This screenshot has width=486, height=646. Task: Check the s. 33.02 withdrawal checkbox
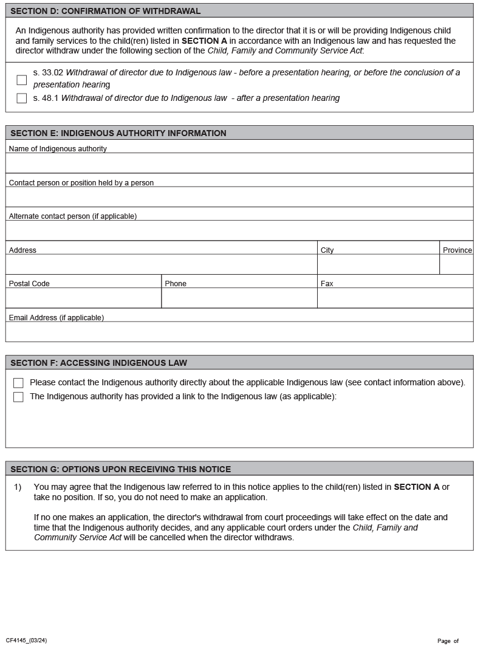22,80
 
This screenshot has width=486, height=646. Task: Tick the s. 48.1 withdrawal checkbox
22,98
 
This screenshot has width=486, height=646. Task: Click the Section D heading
105,11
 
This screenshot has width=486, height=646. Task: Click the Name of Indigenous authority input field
239,163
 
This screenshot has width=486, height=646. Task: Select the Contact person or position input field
239,197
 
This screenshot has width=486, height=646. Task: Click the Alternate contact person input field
239,230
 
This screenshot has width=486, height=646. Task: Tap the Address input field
161,264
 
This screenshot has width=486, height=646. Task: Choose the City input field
378,264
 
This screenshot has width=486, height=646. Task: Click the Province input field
456,264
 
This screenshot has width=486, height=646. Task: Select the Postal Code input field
83,298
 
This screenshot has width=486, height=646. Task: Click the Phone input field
239,298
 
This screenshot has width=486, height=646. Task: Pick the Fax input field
395,298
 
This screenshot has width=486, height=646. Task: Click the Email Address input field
239,332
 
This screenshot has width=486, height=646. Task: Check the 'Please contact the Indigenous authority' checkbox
18,383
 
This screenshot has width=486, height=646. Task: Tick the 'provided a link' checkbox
18,397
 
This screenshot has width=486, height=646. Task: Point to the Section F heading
98,363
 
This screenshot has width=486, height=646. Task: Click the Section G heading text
120,469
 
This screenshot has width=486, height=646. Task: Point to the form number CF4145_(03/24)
26,641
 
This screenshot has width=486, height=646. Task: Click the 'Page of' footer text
448,641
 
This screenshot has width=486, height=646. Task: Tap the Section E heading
118,133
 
